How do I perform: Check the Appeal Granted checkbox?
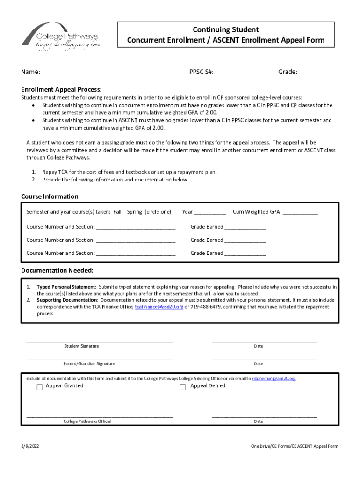40,387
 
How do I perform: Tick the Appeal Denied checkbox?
183,387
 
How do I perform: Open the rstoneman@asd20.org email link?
274,378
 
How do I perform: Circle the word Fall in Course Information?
117,212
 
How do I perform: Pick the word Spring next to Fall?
135,212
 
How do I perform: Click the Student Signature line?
100,341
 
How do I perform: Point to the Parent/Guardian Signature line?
100,359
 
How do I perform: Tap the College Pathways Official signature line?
100,416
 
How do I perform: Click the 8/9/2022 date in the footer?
30,446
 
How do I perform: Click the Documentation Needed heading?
57,271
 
